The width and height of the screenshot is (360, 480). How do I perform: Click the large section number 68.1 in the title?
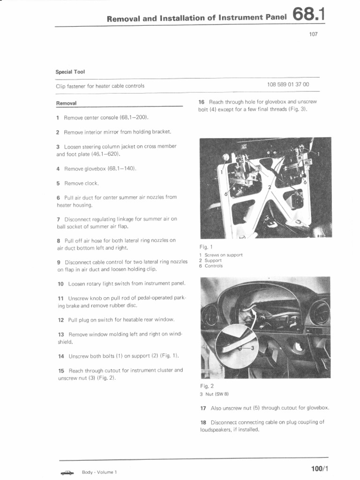coord(308,15)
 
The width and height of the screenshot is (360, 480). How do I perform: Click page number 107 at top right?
coord(313,34)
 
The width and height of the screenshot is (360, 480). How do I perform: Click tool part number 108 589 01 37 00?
coord(288,85)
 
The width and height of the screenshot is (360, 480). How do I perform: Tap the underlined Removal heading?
coord(67,103)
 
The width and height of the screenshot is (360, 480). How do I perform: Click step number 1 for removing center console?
coord(58,117)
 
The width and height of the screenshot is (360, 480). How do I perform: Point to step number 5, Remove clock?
coord(58,183)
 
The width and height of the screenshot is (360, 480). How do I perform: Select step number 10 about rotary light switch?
coord(60,284)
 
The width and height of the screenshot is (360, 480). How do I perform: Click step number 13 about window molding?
coord(60,334)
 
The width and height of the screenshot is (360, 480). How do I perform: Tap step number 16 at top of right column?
coord(202,102)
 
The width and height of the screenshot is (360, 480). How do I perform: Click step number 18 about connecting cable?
coord(203,422)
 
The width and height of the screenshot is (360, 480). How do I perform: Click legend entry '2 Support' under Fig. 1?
coord(210,260)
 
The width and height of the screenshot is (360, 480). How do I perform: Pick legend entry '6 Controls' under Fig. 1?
coord(211,266)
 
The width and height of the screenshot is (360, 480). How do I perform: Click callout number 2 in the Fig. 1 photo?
coord(269,187)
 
